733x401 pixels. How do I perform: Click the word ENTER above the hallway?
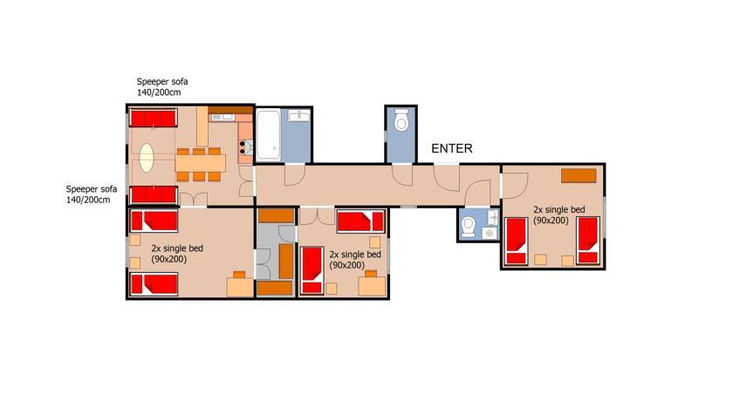pyautogui.click(x=452, y=148)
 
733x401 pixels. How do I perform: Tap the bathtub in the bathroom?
pyautogui.click(x=269, y=134)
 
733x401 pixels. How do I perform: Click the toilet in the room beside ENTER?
pyautogui.click(x=401, y=120)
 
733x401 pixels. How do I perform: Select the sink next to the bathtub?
pyautogui.click(x=298, y=115)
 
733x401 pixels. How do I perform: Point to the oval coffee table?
pyautogui.click(x=147, y=157)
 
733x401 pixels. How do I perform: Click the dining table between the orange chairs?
pyautogui.click(x=201, y=163)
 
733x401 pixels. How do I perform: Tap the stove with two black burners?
pyautogui.click(x=246, y=147)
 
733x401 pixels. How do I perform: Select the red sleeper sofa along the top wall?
pyautogui.click(x=154, y=118)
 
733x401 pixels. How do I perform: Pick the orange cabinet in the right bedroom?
pyautogui.click(x=579, y=175)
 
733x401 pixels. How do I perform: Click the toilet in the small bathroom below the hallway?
pyautogui.click(x=468, y=227)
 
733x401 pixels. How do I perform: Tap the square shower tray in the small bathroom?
pyautogui.click(x=490, y=233)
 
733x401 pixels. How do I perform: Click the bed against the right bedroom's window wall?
pyautogui.click(x=588, y=241)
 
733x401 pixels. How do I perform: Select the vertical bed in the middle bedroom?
pyautogui.click(x=312, y=270)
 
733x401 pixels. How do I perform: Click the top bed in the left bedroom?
pyautogui.click(x=154, y=221)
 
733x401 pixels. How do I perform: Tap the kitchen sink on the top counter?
pyautogui.click(x=223, y=117)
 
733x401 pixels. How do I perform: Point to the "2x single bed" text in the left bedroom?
pyautogui.click(x=177, y=248)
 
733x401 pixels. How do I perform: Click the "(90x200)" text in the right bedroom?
pyautogui.click(x=551, y=221)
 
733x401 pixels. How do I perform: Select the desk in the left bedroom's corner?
pyautogui.click(x=240, y=287)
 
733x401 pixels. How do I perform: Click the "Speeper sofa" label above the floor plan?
pyautogui.click(x=162, y=82)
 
